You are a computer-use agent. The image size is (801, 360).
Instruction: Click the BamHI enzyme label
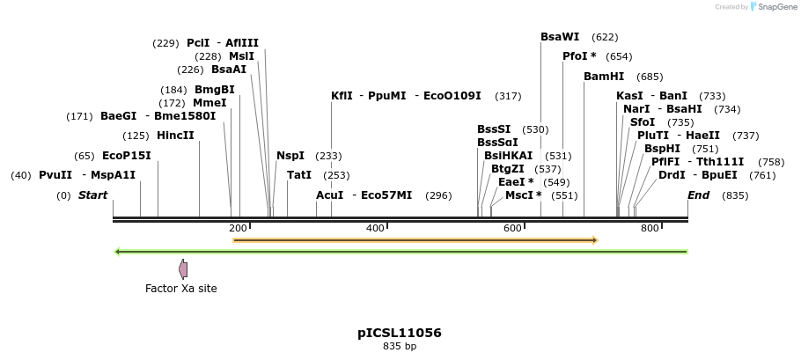[604, 77]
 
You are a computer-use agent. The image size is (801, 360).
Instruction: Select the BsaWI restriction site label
[560, 37]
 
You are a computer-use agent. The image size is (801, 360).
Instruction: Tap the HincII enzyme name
[175, 136]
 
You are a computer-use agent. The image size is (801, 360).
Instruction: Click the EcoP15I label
[127, 156]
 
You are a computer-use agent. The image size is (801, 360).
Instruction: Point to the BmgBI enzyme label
[215, 90]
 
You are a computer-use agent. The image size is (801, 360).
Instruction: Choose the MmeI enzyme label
[209, 103]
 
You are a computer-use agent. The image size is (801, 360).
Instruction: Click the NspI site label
[290, 156]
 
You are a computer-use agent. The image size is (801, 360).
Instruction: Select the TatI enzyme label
[299, 175]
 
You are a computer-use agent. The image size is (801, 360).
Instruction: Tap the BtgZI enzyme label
[508, 169]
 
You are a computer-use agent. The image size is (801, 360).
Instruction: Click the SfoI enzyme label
[643, 122]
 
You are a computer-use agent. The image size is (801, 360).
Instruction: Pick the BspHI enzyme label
[662, 149]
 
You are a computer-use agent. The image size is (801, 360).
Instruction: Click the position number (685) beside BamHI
[650, 77]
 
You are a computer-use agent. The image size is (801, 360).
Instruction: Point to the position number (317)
[508, 96]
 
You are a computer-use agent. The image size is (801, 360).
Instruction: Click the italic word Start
[92, 195]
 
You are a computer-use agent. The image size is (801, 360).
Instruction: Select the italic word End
[698, 195]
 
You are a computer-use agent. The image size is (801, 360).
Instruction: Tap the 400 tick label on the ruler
[375, 229]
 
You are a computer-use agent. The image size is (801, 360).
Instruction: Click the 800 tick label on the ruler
[650, 229]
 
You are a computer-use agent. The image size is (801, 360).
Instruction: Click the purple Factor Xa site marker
[183, 269]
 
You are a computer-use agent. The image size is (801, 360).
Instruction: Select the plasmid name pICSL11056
[400, 333]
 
